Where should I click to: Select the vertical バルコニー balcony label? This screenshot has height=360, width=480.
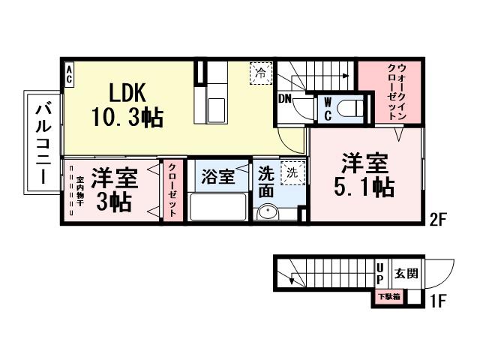[43, 142]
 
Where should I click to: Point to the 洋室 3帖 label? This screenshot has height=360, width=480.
[113, 190]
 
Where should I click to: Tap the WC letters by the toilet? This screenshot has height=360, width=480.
[328, 109]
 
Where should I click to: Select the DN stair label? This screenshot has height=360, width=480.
[286, 99]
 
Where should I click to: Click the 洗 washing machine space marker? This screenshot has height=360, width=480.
[292, 172]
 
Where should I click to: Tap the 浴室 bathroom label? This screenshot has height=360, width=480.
[217, 178]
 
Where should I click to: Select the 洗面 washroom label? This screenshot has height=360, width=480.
[266, 182]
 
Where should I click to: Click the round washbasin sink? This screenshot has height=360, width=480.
[268, 213]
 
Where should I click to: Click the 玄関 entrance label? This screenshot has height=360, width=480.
[406, 274]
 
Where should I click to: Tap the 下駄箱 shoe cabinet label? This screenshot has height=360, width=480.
[388, 297]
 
